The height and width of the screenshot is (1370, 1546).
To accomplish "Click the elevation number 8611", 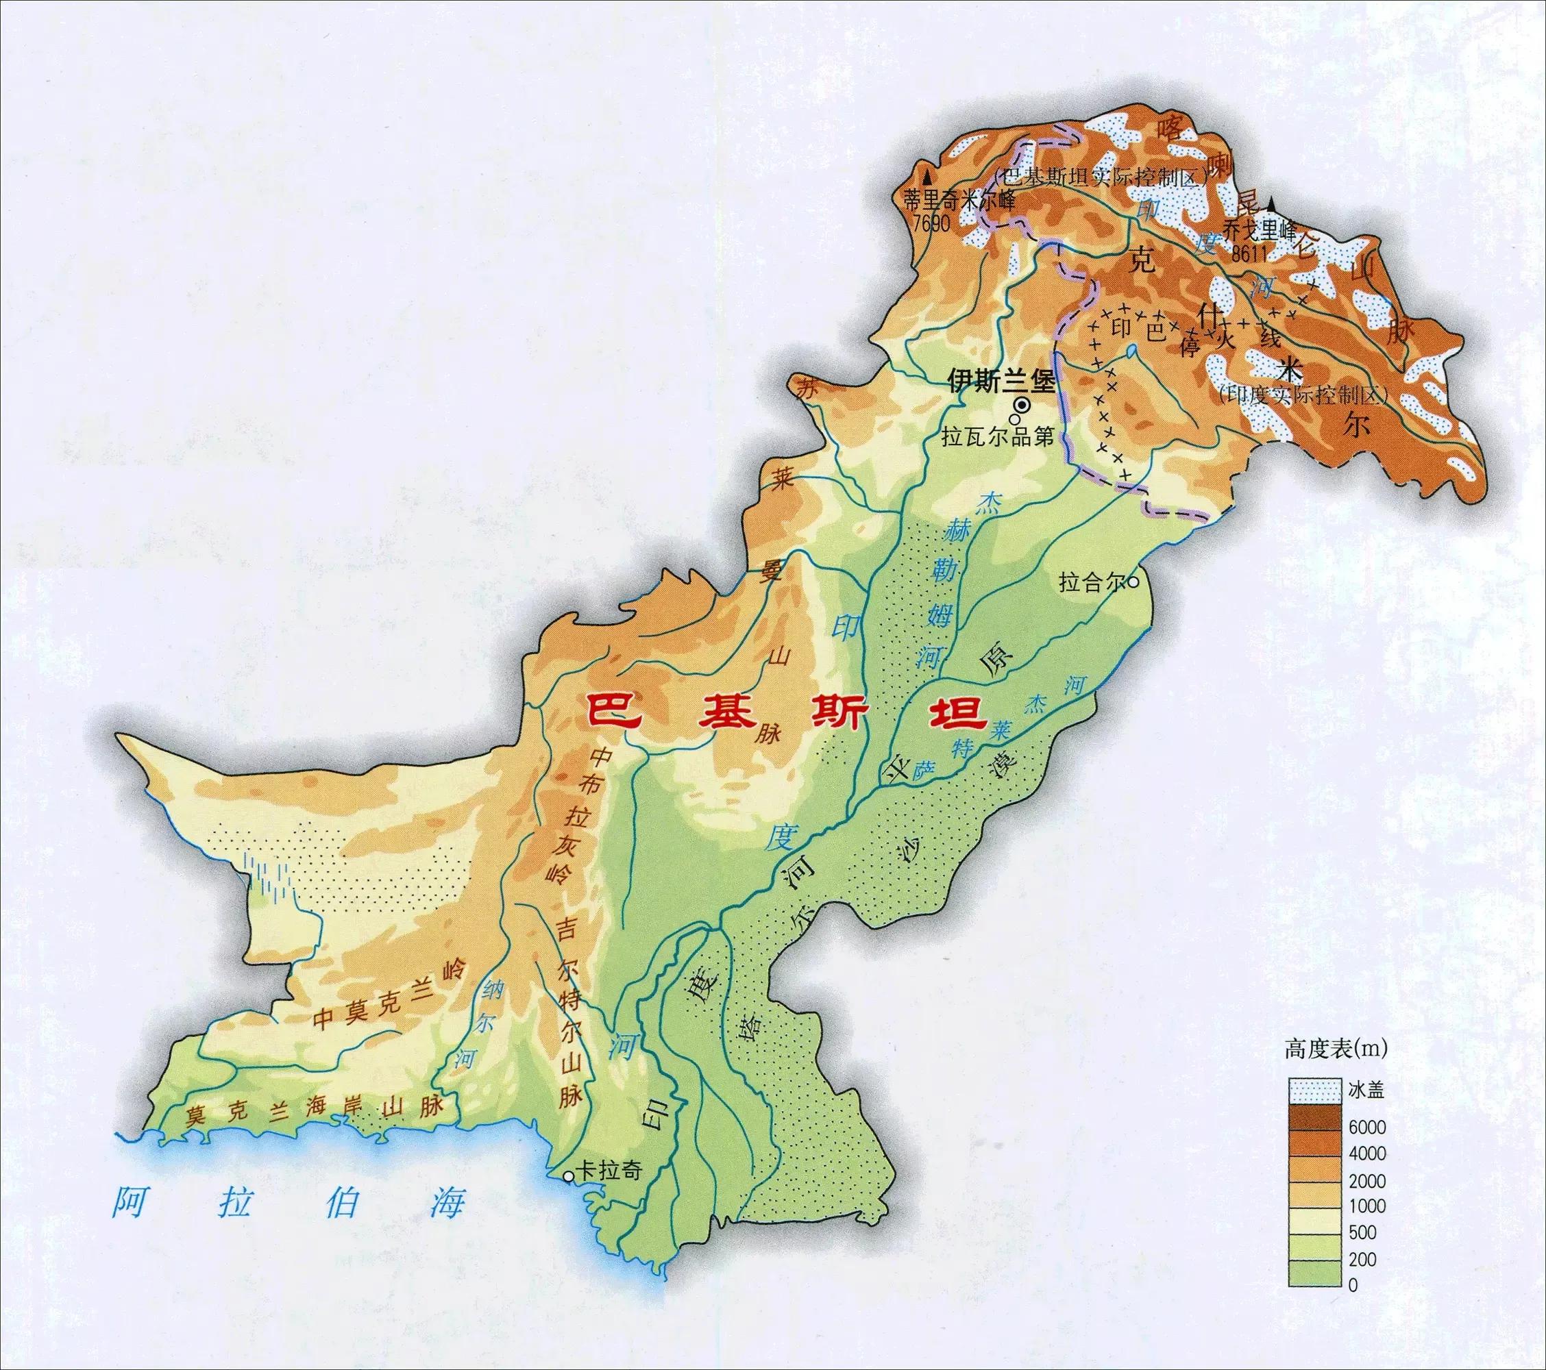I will [1249, 255].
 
